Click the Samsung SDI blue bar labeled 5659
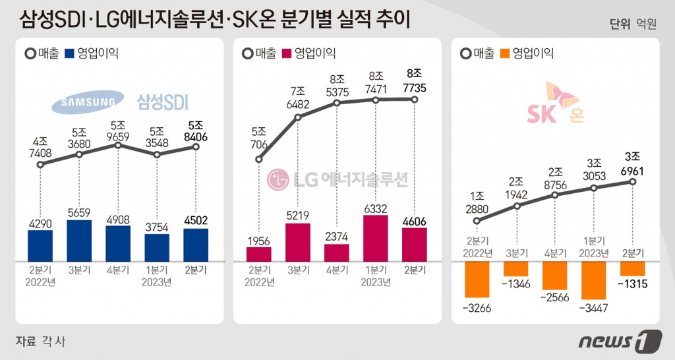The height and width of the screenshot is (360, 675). (x=79, y=241)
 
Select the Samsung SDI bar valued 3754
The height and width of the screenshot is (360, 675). (x=157, y=247)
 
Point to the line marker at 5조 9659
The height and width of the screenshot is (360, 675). (x=118, y=144)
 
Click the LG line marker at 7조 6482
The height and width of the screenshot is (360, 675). (x=298, y=118)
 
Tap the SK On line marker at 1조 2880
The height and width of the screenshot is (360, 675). (x=477, y=222)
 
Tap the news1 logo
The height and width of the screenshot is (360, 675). (x=620, y=341)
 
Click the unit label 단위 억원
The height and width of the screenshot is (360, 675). (x=633, y=24)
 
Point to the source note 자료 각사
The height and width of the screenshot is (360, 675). (x=40, y=341)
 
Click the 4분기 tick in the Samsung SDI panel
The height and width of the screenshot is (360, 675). (x=118, y=270)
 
